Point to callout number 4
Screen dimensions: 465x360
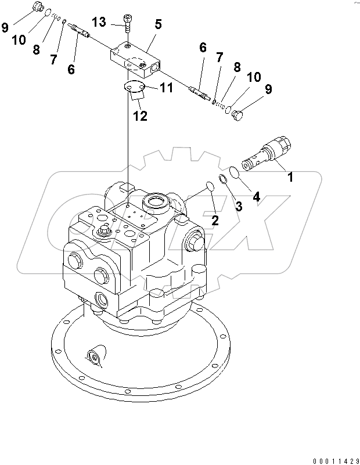tap(256, 196)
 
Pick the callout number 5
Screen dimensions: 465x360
tap(158, 24)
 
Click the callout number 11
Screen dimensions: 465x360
tap(166, 88)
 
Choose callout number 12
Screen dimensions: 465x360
tap(140, 116)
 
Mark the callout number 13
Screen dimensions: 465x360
tap(99, 22)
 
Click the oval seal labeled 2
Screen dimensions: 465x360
tap(210, 186)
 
